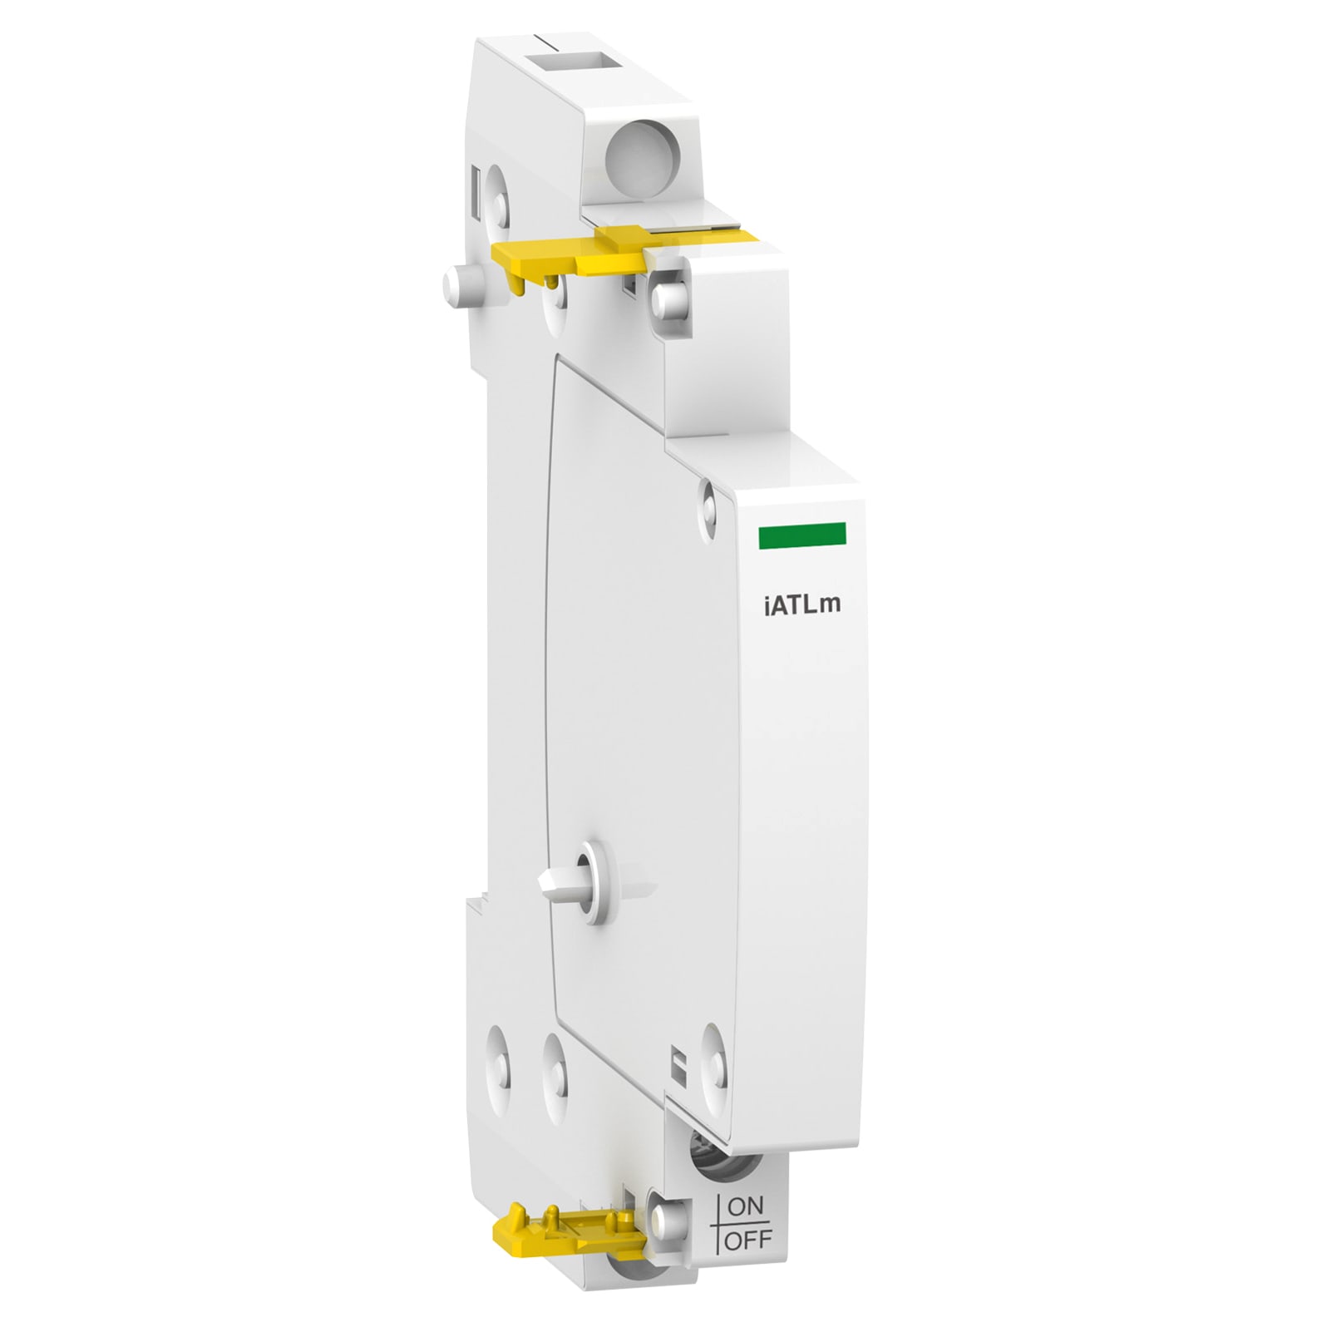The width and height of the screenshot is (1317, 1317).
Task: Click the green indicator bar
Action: (802, 536)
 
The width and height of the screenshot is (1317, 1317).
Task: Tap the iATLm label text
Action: (802, 604)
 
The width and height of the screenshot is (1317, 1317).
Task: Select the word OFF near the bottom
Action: (749, 1241)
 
